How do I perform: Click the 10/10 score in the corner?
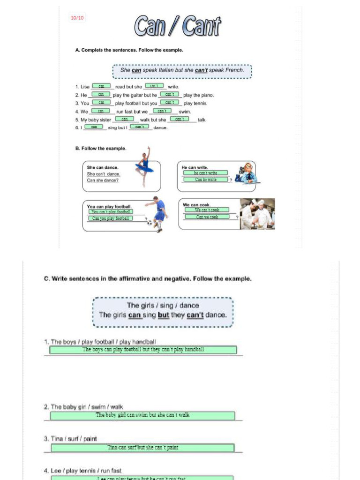pos(77,18)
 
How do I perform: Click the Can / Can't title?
pos(178,27)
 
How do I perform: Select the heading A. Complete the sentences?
pos(129,50)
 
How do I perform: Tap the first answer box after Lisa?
pos(101,86)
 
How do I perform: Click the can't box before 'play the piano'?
pos(169,94)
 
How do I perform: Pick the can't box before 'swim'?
pos(162,111)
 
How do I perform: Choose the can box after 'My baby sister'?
pos(124,119)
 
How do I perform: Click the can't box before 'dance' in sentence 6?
pos(139,127)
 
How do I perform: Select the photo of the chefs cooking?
pos(257,214)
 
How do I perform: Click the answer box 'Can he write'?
pos(206,180)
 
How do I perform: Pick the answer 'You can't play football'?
pos(111,211)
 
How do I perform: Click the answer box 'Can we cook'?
pos(207,217)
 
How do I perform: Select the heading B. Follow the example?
pos(100,149)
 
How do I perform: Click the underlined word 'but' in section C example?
pos(163,315)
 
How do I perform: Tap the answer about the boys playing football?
pos(143,350)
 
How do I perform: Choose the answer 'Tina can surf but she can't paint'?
pos(142,448)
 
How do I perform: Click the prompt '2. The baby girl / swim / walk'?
pos(83,407)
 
